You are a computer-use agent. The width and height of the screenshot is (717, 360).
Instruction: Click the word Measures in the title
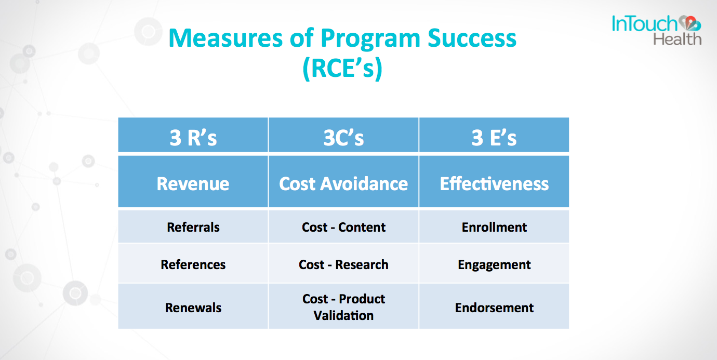(225, 38)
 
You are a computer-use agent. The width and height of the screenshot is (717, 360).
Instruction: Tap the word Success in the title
(472, 38)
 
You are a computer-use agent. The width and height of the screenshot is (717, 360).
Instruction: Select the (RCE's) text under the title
(342, 68)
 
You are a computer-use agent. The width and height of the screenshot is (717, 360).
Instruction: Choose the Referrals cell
(193, 227)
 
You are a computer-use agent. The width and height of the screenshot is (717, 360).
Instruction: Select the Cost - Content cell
(343, 227)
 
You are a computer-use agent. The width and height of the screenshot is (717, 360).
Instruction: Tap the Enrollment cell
(494, 227)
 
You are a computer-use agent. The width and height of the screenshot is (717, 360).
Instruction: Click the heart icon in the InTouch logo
(690, 23)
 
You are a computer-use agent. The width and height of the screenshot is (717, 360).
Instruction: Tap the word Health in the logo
(678, 39)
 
